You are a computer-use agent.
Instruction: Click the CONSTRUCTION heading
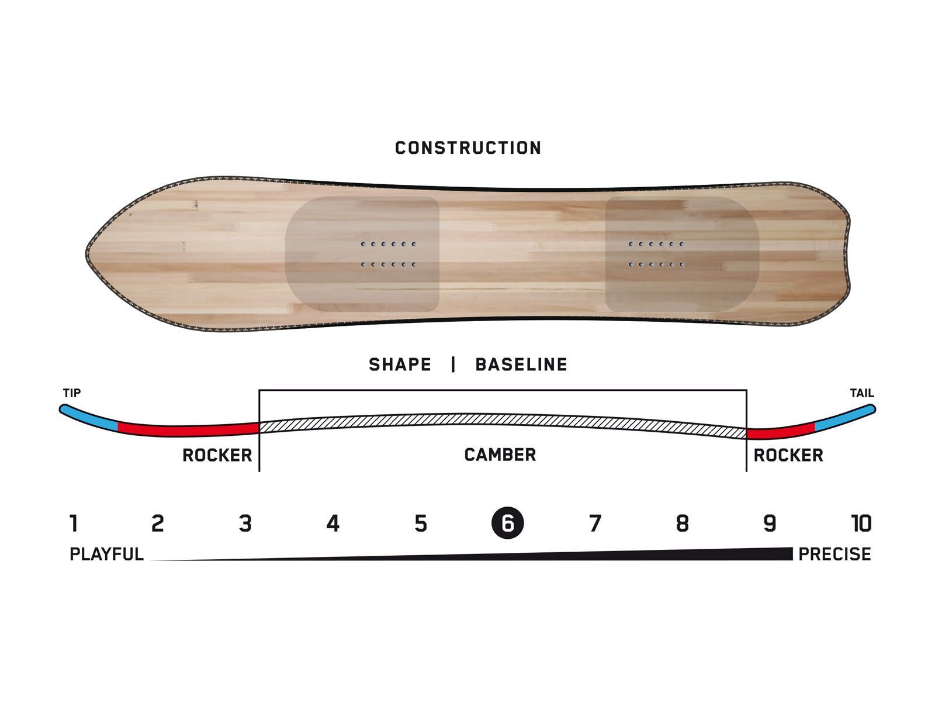tap(468, 148)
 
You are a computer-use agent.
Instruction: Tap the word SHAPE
tap(400, 365)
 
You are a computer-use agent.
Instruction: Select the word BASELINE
tap(521, 365)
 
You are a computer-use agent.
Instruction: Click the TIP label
tap(71, 393)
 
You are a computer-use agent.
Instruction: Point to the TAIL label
tap(862, 393)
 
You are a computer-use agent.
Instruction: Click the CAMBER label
tap(500, 455)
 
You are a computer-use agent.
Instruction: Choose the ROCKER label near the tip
tap(217, 455)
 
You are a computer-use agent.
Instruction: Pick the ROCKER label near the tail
tap(788, 455)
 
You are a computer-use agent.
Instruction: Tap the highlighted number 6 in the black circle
tap(508, 523)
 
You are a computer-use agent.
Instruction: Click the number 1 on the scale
tap(74, 524)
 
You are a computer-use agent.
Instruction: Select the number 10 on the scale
tap(861, 524)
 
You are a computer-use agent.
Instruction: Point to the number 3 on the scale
tap(245, 524)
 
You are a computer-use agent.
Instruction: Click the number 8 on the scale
tap(682, 524)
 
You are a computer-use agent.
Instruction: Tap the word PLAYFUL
tap(106, 554)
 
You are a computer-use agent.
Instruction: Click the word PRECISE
tap(834, 554)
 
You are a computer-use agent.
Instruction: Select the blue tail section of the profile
tap(844, 418)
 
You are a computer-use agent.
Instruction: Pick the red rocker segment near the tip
tap(187, 430)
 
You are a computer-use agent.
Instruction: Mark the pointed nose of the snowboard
tap(89, 253)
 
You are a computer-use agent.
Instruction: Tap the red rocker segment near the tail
tap(780, 432)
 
